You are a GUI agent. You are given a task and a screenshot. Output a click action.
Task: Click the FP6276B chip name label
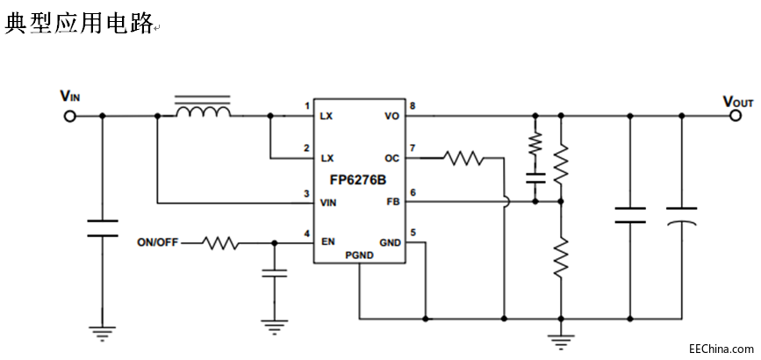click(357, 181)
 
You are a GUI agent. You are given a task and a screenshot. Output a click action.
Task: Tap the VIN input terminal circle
click(70, 115)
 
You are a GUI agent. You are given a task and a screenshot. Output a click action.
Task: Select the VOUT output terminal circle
click(737, 115)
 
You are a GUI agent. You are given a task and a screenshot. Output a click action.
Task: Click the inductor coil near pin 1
click(204, 112)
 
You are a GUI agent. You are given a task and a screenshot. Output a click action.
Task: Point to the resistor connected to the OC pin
click(463, 159)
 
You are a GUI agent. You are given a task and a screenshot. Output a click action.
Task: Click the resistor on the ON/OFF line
click(220, 242)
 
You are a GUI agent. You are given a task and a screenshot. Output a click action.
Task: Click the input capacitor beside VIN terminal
click(102, 228)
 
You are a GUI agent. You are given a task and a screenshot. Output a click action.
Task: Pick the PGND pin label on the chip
click(359, 256)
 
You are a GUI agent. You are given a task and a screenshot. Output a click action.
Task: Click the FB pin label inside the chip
click(391, 202)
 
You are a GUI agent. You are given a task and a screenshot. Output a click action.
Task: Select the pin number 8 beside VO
click(413, 106)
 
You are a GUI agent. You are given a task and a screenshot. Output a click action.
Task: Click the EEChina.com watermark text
click(721, 348)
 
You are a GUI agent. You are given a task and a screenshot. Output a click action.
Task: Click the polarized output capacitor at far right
click(681, 216)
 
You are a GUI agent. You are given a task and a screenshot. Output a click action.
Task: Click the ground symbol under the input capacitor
click(102, 333)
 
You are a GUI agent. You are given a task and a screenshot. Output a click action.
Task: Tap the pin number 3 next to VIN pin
click(306, 193)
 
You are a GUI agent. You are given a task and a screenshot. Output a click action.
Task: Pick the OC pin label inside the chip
click(391, 159)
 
